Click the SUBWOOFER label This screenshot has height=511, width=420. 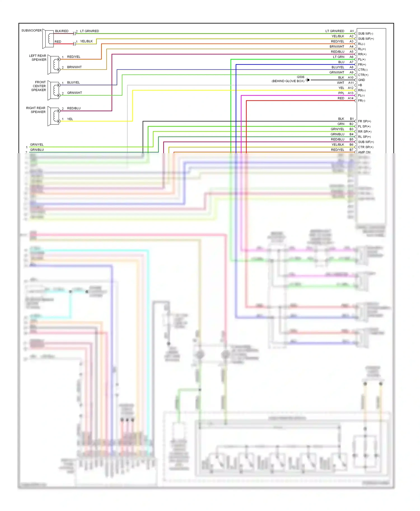[x=31, y=30]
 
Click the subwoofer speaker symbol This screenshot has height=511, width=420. [x=48, y=39]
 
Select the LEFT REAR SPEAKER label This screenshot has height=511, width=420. [x=38, y=58]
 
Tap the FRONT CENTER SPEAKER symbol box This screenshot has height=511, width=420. [x=53, y=90]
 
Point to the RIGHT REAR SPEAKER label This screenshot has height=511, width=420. [x=36, y=110]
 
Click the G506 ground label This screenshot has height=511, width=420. [x=300, y=77]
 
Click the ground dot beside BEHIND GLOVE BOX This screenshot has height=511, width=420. [x=308, y=80]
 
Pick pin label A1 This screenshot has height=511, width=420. [x=352, y=31]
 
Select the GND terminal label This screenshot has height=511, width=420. [x=361, y=80]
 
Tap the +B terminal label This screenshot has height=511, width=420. [x=360, y=85]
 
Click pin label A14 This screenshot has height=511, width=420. [x=351, y=98]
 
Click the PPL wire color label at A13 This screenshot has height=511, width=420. [x=341, y=93]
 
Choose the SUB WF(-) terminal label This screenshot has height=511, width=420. [x=365, y=34]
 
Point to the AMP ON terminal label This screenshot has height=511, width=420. [x=364, y=152]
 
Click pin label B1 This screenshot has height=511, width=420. [x=352, y=119]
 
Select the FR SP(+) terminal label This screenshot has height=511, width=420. [x=364, y=121]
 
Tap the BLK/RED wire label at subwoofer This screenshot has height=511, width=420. [x=62, y=31]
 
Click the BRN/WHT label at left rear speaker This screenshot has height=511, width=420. [x=74, y=67]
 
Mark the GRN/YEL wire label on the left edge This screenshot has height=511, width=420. [x=37, y=145]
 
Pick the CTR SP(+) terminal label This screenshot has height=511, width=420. [x=365, y=147]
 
